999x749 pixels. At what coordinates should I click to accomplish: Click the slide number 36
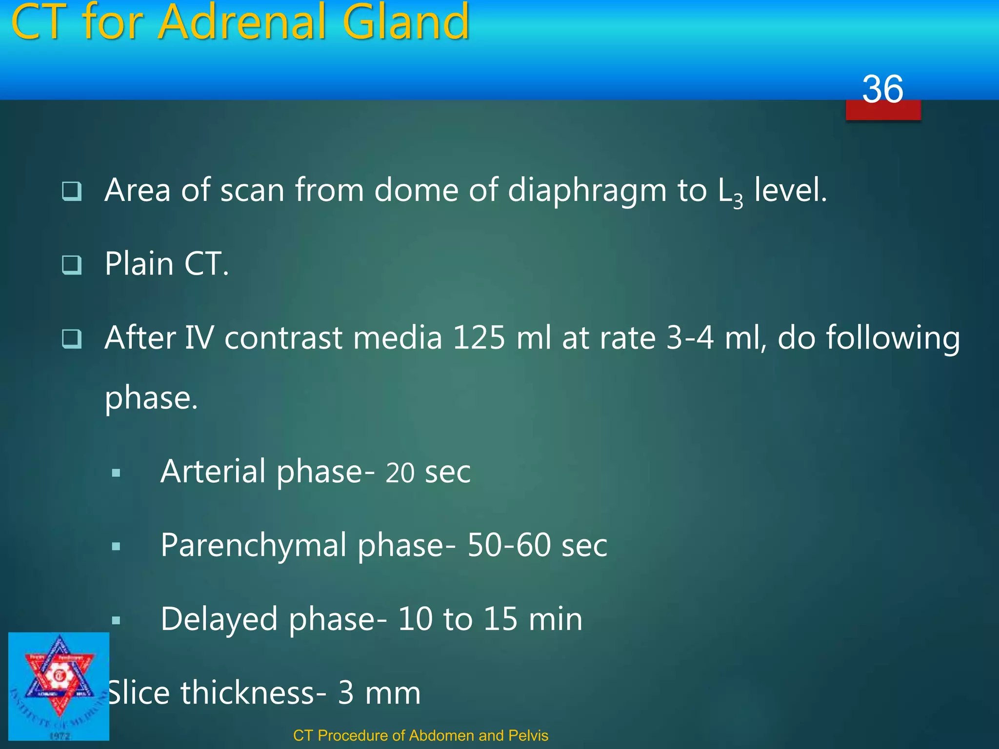(x=882, y=89)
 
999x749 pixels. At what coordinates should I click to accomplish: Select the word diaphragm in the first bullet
(x=587, y=190)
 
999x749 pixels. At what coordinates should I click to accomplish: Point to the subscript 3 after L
(x=738, y=201)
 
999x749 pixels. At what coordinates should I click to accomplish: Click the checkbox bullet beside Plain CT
(x=72, y=265)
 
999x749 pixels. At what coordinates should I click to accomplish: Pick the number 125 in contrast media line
(x=479, y=337)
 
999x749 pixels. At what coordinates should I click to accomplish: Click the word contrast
(x=283, y=337)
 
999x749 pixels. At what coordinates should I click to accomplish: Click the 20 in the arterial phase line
(x=400, y=473)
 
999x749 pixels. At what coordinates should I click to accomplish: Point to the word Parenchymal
(x=253, y=546)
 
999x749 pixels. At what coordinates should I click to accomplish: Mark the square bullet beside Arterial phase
(x=116, y=473)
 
